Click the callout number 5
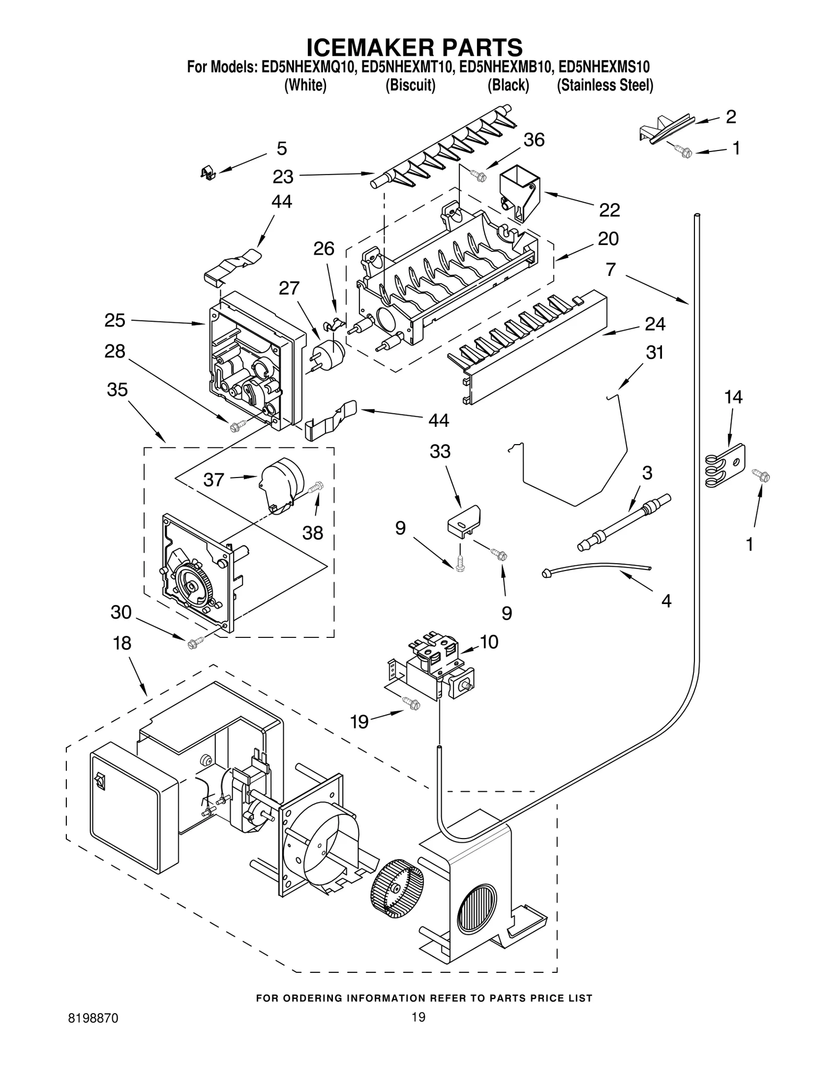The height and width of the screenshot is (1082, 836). [282, 148]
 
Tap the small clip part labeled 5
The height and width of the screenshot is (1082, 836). [208, 172]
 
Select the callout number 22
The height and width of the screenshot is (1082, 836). [609, 210]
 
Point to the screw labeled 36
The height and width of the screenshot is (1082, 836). [478, 176]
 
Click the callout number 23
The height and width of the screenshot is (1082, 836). [283, 177]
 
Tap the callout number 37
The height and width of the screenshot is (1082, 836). [214, 479]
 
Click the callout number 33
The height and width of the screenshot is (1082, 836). [440, 451]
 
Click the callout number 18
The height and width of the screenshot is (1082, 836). [122, 643]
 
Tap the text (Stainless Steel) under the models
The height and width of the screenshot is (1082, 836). [605, 85]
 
